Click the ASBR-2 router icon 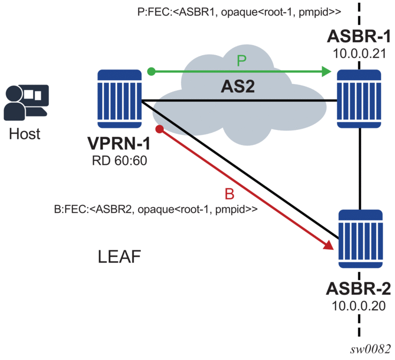click(361, 240)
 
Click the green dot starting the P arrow click(151, 71)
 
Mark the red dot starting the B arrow click(159, 129)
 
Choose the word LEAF click(119, 258)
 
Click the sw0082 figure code click(369, 348)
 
